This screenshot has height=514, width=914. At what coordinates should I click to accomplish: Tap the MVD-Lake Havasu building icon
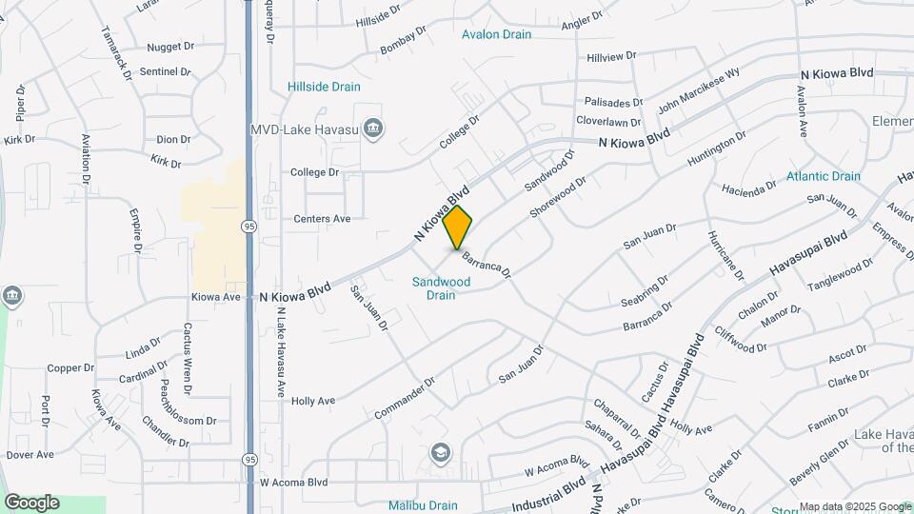click(373, 128)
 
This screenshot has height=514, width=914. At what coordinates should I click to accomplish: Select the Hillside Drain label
click(324, 87)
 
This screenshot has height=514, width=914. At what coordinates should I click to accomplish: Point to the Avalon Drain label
click(496, 34)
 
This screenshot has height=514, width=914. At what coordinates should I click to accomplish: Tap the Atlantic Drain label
click(823, 176)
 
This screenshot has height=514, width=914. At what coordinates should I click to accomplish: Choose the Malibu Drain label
click(423, 505)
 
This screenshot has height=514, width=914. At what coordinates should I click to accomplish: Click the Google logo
click(31, 503)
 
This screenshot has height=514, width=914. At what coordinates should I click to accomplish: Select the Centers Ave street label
click(322, 219)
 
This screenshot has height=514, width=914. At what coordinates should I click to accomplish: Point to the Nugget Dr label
click(170, 46)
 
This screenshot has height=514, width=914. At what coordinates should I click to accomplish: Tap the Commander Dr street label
click(405, 398)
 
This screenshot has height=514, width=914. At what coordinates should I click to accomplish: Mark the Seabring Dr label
click(645, 289)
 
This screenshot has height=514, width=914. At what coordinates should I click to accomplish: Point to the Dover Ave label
click(30, 455)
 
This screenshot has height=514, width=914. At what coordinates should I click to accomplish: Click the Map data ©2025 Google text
click(855, 506)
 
